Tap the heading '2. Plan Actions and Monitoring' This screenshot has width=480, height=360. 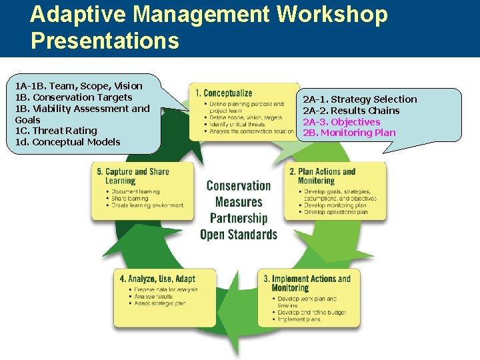323,176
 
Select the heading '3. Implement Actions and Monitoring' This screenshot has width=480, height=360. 307,283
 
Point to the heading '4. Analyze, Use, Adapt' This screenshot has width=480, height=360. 157,278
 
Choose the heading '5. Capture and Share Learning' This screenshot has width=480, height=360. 133,176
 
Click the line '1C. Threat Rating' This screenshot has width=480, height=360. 56,131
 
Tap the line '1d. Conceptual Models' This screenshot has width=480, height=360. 67,142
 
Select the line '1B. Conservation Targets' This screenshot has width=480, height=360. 73,97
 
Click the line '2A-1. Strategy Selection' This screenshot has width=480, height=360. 360,99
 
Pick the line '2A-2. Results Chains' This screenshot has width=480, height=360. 351,111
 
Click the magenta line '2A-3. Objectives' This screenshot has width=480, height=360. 341,122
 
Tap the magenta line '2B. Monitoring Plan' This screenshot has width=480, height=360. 349,133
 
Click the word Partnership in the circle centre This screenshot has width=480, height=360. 238,218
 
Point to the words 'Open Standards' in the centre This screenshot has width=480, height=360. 238,235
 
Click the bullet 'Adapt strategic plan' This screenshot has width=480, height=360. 160,303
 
